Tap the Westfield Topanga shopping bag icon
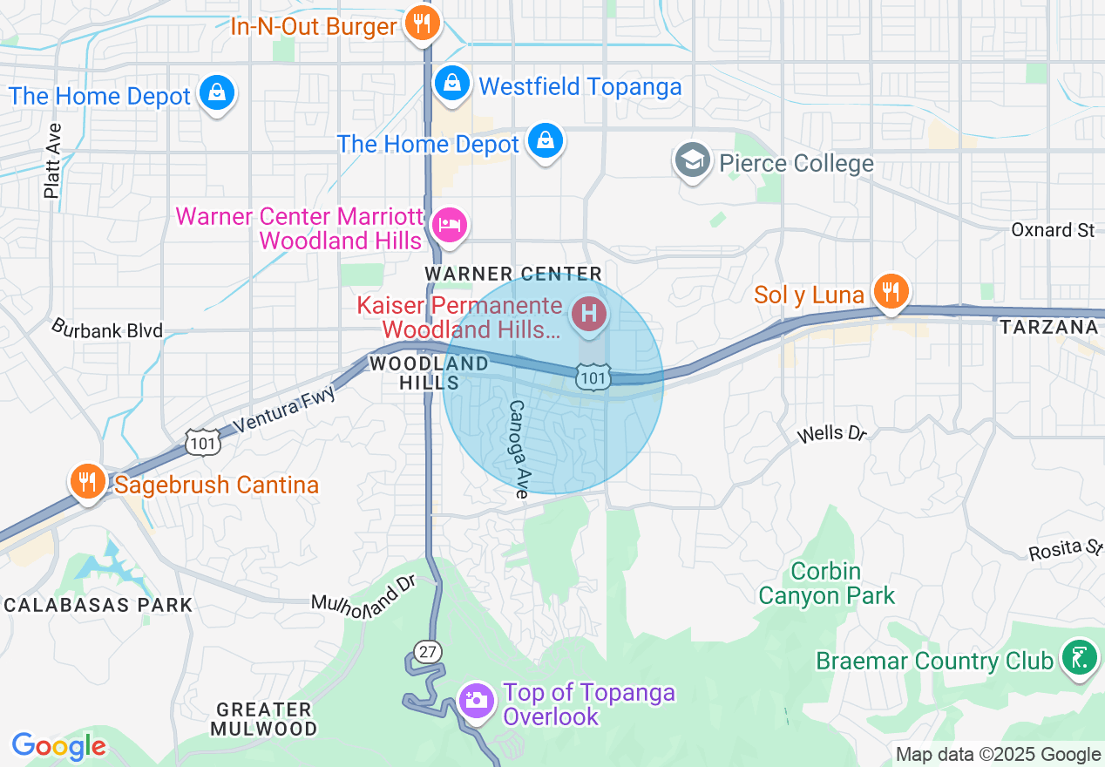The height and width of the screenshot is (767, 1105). point(451,84)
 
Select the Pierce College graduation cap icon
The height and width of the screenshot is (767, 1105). point(693,161)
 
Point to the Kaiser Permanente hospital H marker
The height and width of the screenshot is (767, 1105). point(588,313)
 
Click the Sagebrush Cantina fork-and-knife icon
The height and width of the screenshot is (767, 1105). point(87,481)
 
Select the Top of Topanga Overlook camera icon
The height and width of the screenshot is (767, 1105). point(476,700)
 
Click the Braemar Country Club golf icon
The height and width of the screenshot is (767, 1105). point(1079,657)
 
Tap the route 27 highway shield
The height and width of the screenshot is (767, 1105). point(429,651)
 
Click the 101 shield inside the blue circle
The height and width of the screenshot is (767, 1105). point(592,377)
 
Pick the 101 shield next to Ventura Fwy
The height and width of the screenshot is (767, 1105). point(201,443)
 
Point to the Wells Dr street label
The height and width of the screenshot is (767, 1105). point(833,433)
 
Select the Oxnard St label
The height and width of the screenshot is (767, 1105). point(1053,230)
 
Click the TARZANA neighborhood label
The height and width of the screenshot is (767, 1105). point(1049,327)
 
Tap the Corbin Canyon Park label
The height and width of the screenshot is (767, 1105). point(826,584)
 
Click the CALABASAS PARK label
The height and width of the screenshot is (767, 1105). point(98,605)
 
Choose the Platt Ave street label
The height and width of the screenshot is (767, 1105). point(53,160)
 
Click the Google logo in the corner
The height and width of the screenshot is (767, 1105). point(58,746)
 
